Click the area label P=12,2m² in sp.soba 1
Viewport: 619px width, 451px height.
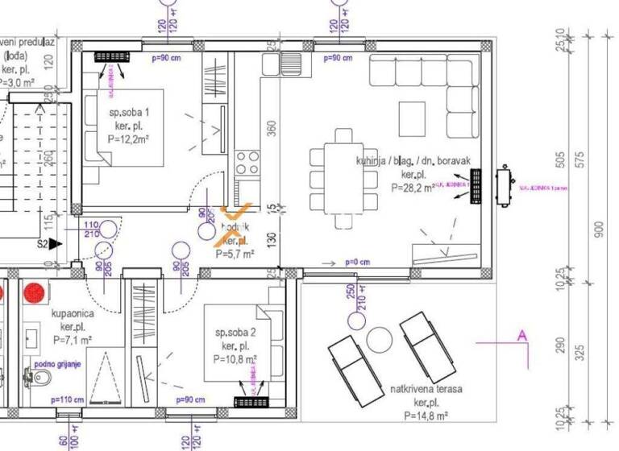tap(128, 139)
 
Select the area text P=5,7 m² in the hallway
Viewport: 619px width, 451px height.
tap(235, 253)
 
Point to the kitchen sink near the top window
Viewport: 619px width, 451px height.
tap(290, 63)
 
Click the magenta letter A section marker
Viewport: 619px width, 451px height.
tap(521, 335)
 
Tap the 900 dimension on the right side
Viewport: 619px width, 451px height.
tap(598, 230)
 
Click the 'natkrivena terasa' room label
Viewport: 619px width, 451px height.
tap(426, 389)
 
